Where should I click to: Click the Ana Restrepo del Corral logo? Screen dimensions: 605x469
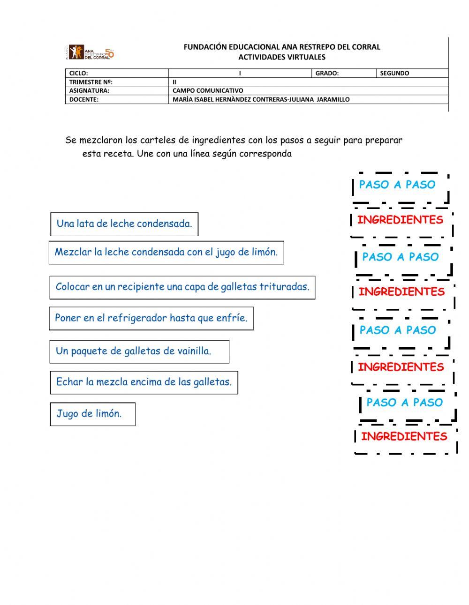[91, 52]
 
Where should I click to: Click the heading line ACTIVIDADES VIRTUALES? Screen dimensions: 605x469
[281, 57]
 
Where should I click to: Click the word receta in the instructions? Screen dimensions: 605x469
[116, 154]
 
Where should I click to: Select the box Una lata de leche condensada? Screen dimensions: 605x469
[124, 224]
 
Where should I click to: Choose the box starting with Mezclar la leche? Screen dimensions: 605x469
[166, 253]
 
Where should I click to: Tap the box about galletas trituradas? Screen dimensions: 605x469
[182, 287]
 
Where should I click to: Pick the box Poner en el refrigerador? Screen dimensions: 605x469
[151, 318]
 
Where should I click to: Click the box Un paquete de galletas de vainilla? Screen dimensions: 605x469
[139, 351]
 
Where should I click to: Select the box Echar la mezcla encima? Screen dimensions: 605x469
[144, 382]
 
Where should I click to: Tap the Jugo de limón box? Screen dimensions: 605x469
[92, 414]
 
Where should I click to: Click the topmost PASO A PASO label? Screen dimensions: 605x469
[397, 185]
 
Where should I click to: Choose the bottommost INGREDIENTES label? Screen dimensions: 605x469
[404, 437]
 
